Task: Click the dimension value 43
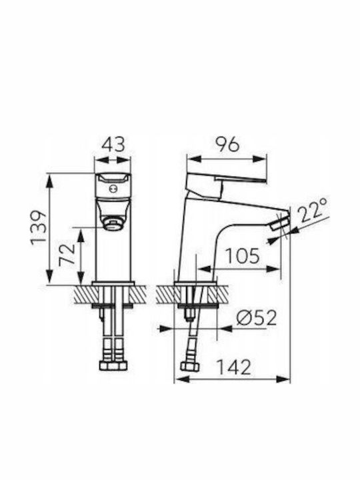(113, 145)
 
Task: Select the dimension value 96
(227, 145)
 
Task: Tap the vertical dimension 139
(39, 227)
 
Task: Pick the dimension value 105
(242, 256)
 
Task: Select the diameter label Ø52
(257, 318)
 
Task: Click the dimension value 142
(233, 367)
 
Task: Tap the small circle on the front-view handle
(113, 189)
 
